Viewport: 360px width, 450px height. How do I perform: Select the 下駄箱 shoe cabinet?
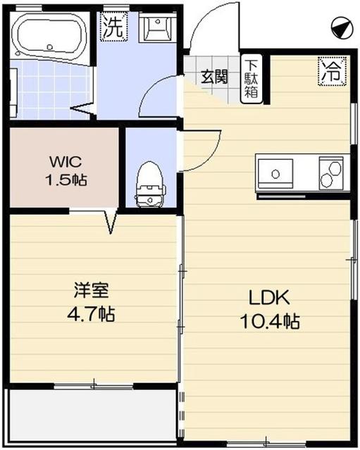(251, 77)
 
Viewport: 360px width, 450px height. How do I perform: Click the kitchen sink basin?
(277, 171)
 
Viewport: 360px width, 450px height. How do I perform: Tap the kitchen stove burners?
(330, 171)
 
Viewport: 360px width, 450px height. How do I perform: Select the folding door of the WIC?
(110, 221)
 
